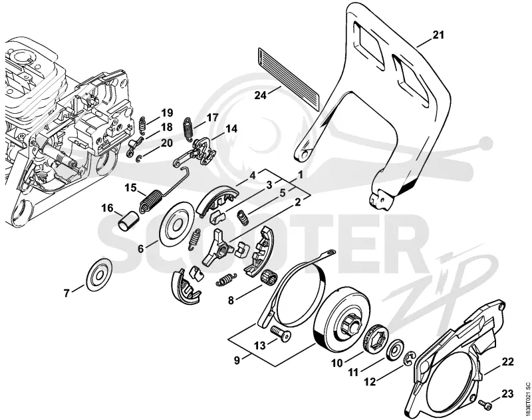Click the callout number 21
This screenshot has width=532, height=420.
(x=438, y=35)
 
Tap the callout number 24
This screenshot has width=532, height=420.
(x=261, y=95)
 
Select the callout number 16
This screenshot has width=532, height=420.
(x=108, y=208)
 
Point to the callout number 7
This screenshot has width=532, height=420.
(x=67, y=293)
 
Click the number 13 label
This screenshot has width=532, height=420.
(x=261, y=345)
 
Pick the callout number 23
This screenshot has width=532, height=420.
(x=507, y=394)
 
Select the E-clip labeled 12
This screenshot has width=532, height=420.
(x=410, y=359)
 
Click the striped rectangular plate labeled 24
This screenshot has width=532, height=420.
(x=289, y=79)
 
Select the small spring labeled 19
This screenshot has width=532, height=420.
(x=144, y=123)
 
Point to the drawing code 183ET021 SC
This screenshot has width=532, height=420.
(x=527, y=401)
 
